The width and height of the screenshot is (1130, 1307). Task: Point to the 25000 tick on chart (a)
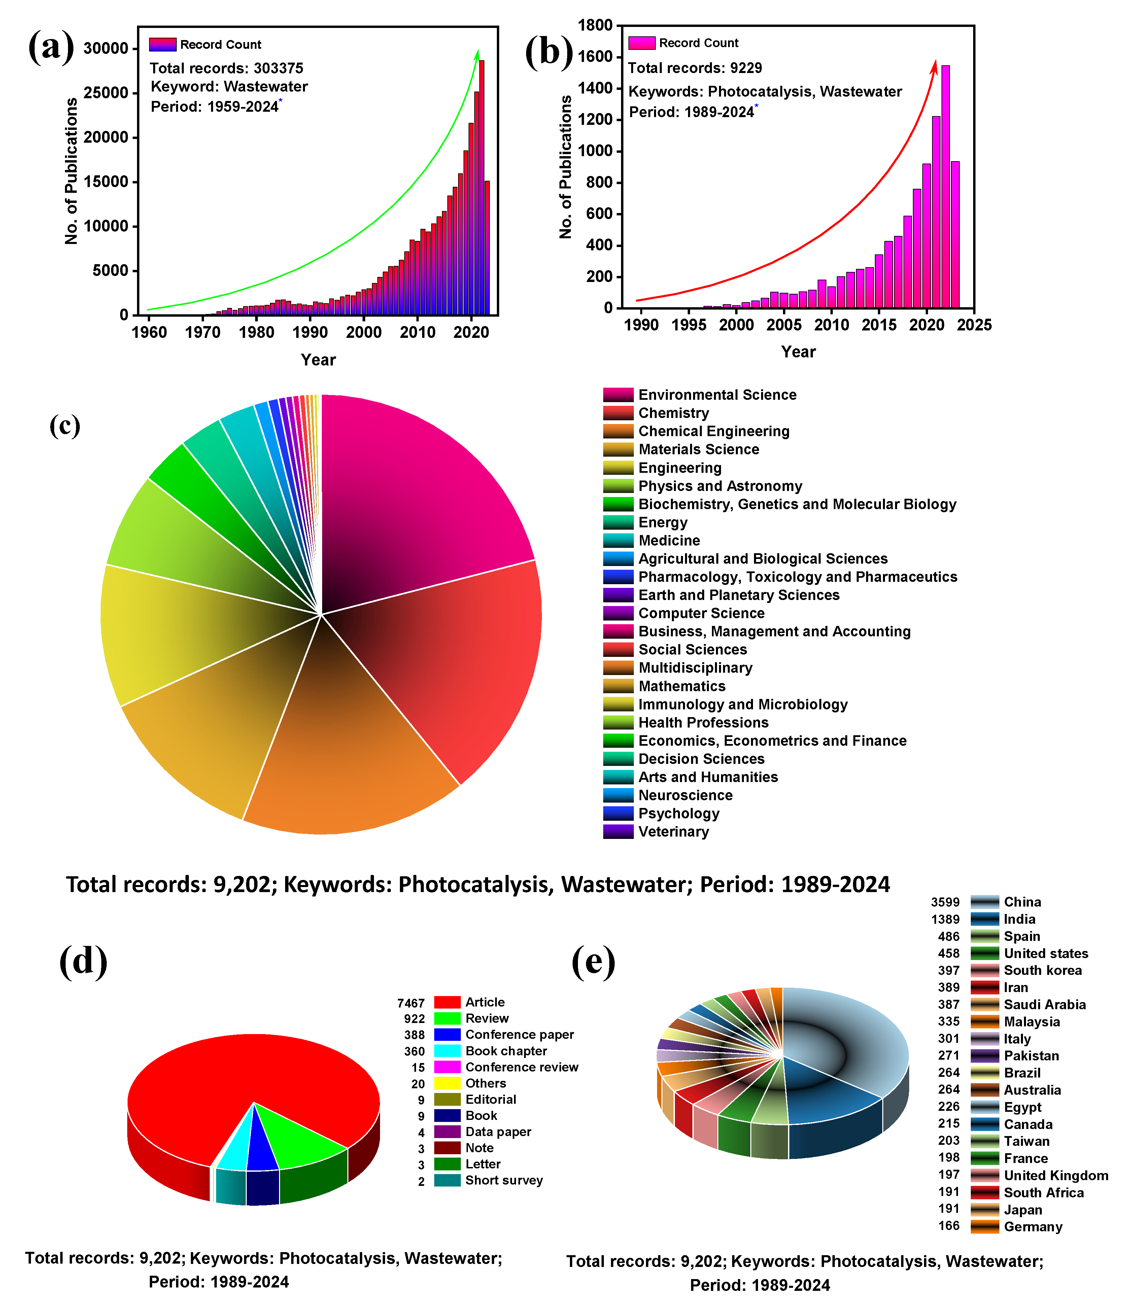tap(106, 93)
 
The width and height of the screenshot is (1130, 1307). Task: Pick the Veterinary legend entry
tap(673, 832)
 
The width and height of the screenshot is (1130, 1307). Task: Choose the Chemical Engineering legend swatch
tap(618, 431)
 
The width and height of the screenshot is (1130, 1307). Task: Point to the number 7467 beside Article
tap(411, 1003)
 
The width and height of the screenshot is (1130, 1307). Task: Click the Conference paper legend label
tap(519, 1034)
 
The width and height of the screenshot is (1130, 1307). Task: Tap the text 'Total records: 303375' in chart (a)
tap(226, 68)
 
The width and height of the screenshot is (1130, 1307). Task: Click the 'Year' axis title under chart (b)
tap(798, 352)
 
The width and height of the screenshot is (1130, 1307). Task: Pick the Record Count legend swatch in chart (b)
tap(641, 43)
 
